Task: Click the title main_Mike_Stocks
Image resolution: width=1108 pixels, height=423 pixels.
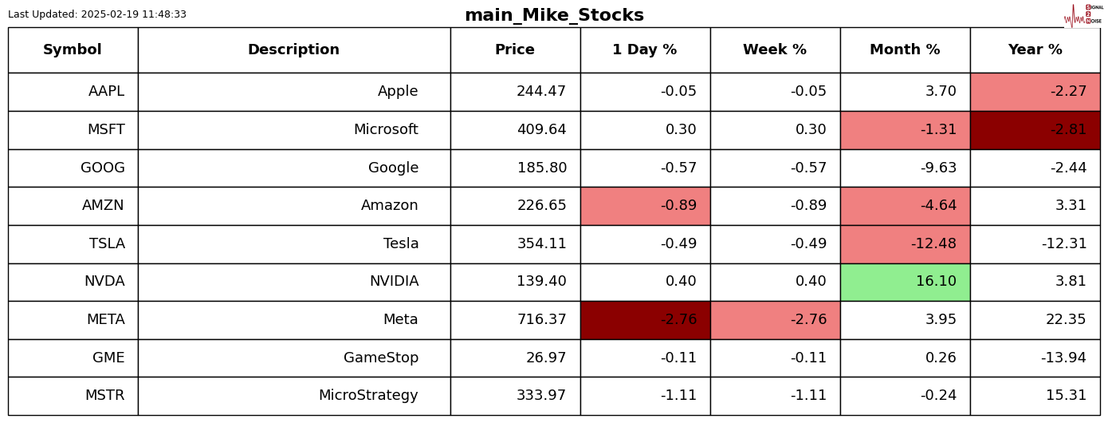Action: click(554, 15)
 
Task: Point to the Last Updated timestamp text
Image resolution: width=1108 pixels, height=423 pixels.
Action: click(97, 14)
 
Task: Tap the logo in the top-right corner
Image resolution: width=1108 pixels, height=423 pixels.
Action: click(1083, 15)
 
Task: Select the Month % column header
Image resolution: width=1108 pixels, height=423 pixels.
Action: click(905, 50)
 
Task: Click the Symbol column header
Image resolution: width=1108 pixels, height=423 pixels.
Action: click(73, 50)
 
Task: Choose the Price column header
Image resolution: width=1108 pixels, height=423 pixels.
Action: click(515, 50)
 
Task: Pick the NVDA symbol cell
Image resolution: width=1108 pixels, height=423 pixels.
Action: click(104, 282)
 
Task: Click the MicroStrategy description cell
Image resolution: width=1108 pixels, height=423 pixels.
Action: click(368, 396)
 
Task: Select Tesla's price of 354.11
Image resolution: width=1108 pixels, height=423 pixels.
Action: click(541, 244)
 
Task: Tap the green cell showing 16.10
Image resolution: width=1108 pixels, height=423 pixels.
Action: click(905, 282)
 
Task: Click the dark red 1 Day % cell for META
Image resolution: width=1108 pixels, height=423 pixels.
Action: click(645, 320)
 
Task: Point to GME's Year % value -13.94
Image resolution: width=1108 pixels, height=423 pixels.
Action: click(1063, 358)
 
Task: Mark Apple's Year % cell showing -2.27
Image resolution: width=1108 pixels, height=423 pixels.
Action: click(1035, 92)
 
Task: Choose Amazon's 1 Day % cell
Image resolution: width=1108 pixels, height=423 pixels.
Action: click(645, 206)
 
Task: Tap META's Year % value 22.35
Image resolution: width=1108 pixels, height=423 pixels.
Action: click(1066, 320)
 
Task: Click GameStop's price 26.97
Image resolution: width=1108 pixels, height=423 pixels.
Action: click(546, 358)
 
